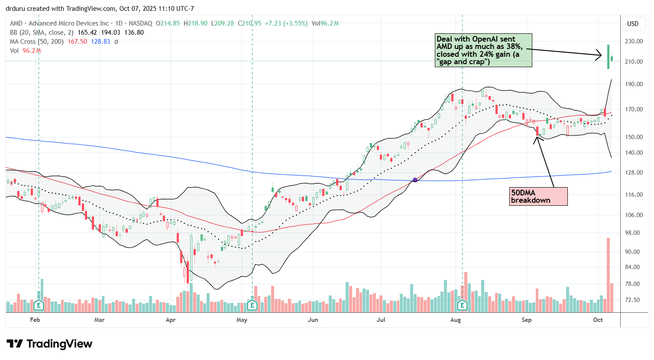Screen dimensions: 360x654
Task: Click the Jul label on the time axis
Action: click(381, 320)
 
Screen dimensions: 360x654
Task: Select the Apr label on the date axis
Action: click(171, 320)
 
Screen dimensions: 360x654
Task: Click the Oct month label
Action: click(598, 320)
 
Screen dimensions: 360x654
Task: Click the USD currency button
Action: click(633, 24)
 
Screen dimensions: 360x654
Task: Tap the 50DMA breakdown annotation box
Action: click(538, 196)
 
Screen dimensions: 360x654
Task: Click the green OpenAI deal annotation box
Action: click(483, 50)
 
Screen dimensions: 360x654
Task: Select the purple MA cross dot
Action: click(415, 180)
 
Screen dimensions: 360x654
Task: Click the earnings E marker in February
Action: click(39, 305)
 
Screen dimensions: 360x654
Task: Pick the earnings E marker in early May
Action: click(252, 305)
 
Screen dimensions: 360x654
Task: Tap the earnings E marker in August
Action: click(462, 305)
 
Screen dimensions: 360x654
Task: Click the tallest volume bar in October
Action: click(608, 275)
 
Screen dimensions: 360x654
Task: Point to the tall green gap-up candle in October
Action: click(608, 56)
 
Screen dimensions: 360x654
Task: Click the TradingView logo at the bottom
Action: click(49, 344)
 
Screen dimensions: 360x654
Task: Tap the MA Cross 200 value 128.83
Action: click(100, 42)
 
